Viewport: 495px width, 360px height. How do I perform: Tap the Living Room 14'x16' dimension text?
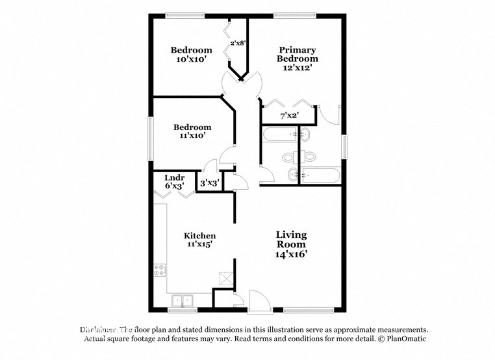291,255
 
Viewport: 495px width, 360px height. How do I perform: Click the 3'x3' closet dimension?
209,184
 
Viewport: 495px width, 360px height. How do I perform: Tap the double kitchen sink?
183,300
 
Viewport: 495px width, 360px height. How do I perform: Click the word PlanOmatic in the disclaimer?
404,339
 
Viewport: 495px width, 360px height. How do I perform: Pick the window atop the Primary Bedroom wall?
294,14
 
